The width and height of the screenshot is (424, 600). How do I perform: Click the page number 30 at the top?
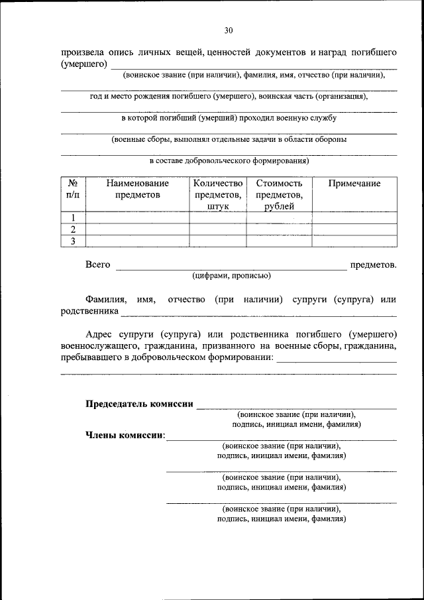tap(229, 30)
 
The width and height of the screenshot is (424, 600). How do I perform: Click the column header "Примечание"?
tap(354, 184)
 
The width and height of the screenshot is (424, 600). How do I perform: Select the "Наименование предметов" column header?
tap(137, 190)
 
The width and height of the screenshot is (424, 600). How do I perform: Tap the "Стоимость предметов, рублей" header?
tap(279, 195)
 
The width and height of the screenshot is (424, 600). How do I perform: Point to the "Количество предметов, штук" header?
tap(218, 195)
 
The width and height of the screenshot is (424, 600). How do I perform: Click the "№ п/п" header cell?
tap(74, 190)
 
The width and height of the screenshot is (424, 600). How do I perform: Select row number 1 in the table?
tap(74, 217)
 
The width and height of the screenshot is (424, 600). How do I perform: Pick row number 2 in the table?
tap(74, 229)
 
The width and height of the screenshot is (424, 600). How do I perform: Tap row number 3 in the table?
tap(74, 241)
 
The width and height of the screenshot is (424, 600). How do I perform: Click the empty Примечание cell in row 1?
tap(354, 217)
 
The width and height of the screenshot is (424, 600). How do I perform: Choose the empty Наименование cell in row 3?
tap(137, 241)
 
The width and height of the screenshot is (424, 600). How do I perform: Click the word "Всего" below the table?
tap(97, 265)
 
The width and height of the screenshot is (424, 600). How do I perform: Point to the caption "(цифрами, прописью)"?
tap(231, 276)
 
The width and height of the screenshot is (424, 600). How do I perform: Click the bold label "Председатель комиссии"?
tap(139, 404)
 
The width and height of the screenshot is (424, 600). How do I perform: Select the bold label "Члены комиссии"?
tap(125, 436)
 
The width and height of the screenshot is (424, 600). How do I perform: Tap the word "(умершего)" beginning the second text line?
tap(84, 64)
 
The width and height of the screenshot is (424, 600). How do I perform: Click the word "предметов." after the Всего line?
tap(374, 265)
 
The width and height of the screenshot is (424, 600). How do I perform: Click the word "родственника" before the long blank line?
tap(89, 311)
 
